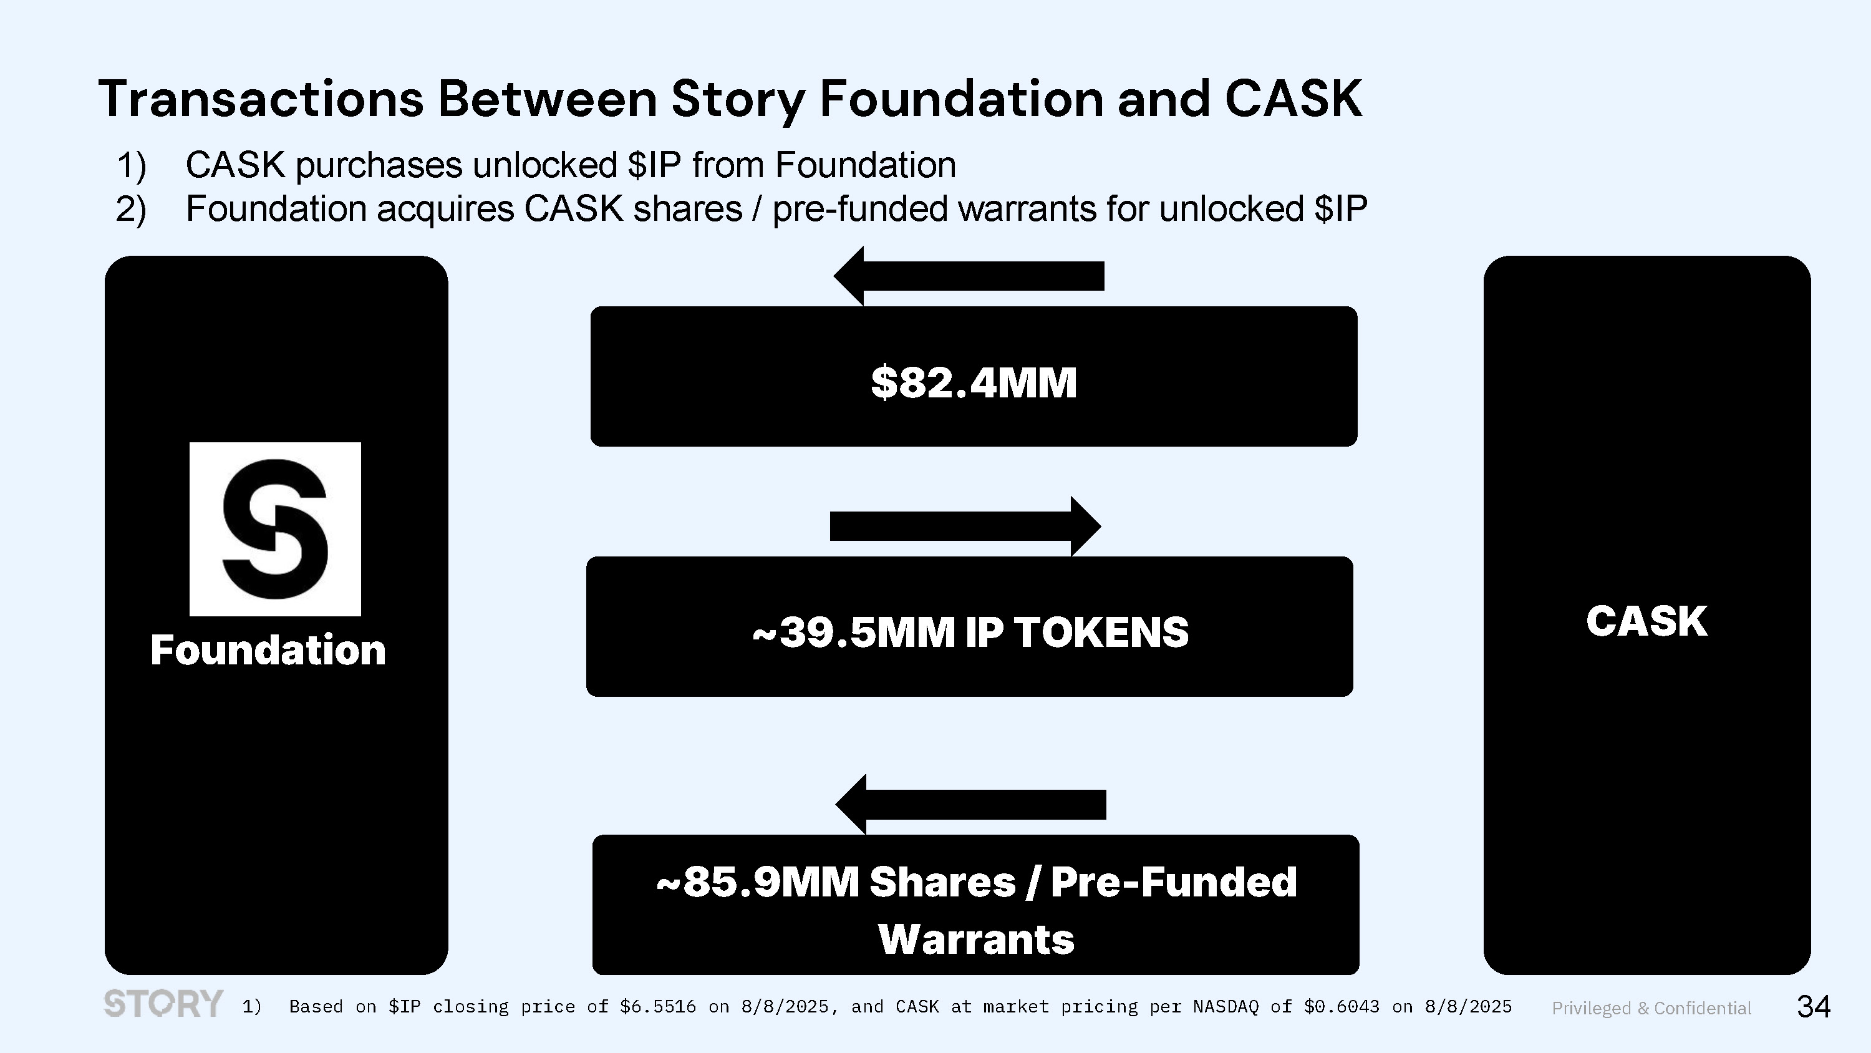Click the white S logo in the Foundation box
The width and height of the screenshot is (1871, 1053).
coord(275,529)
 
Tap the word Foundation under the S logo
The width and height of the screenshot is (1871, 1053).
coord(268,649)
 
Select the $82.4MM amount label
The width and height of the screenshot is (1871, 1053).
coord(974,382)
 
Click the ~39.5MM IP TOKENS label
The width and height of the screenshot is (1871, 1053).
coord(970,631)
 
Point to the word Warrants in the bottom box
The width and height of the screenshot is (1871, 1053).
coord(976,939)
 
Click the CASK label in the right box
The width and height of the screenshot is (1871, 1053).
coord(1646,621)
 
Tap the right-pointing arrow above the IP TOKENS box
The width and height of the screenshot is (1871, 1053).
coord(965,526)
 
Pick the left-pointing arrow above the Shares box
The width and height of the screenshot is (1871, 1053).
coord(970,805)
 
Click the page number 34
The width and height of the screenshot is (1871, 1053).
coord(1814,1006)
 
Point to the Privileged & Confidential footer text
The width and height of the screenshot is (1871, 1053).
coord(1651,1008)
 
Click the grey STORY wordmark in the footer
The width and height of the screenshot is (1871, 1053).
coord(163,1004)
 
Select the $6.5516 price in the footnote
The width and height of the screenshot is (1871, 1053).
coord(658,1006)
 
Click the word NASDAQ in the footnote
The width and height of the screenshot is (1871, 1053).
coord(1226,1006)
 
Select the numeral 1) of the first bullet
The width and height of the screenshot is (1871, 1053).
coord(132,166)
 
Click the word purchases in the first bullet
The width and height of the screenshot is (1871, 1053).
coord(379,167)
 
